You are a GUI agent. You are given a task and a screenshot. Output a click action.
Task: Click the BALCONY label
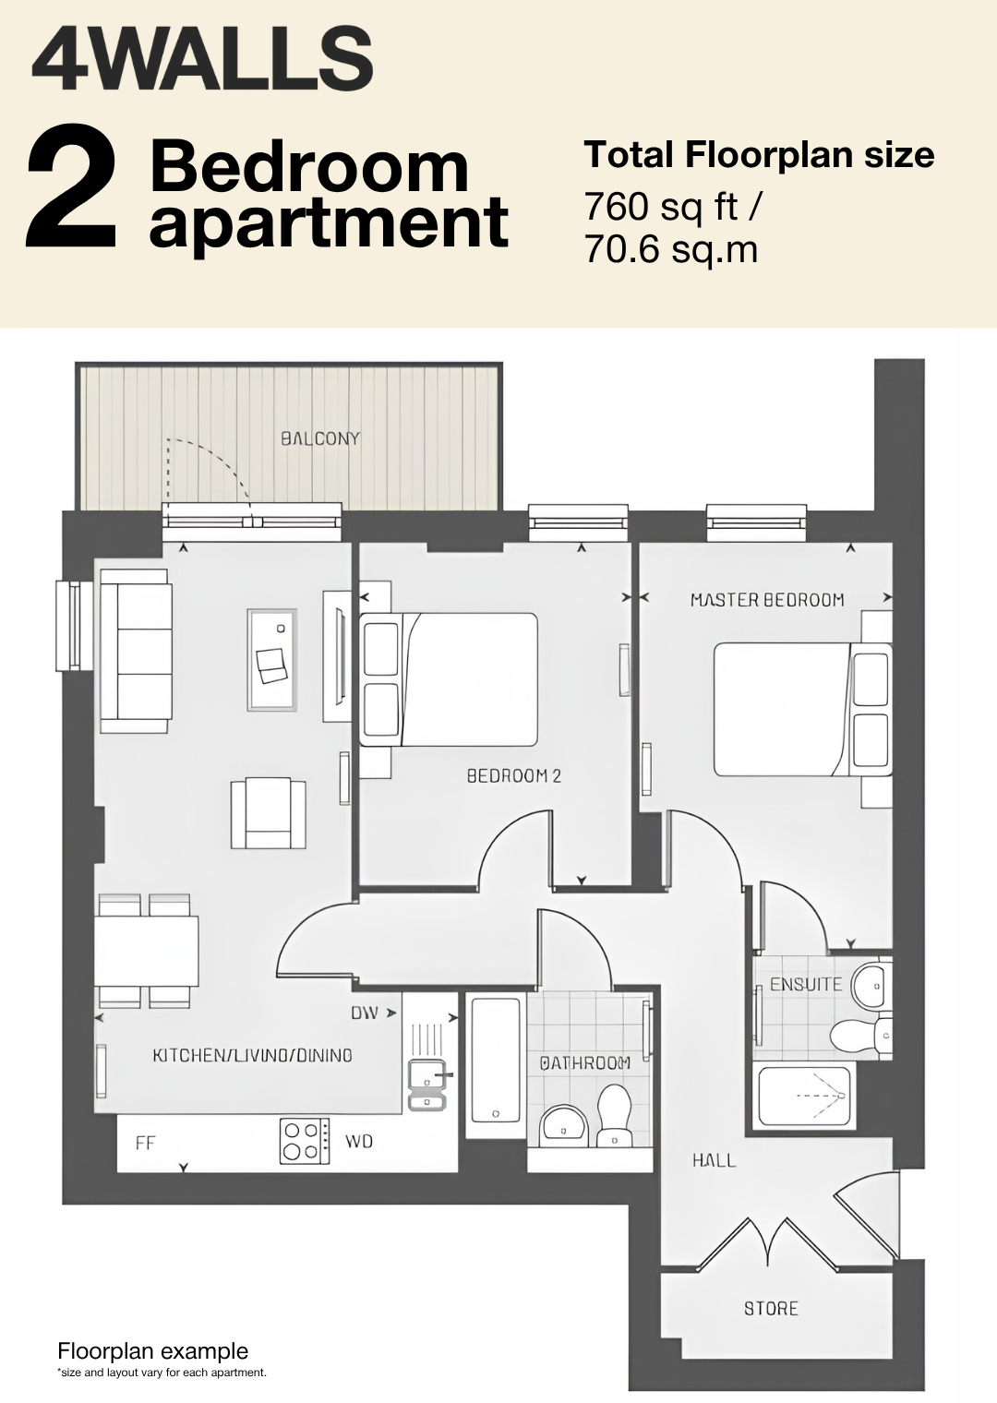(320, 438)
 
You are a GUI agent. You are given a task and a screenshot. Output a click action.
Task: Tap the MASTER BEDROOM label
(767, 600)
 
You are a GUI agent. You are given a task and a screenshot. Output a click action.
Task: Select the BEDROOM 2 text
(514, 776)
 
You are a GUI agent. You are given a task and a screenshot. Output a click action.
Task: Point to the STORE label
(771, 1309)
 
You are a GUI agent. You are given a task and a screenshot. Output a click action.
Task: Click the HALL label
(714, 1160)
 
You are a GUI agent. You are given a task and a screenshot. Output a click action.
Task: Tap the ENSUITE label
(806, 984)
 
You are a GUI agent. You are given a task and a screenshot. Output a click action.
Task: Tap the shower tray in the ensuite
(805, 1096)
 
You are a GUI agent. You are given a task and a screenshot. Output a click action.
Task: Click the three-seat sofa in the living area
(136, 651)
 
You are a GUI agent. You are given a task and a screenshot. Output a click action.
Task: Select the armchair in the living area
(268, 813)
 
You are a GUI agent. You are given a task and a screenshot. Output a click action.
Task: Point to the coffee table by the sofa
(271, 660)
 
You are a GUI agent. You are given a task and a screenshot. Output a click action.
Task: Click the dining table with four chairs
(148, 951)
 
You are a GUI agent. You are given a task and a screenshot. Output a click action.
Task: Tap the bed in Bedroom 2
(449, 679)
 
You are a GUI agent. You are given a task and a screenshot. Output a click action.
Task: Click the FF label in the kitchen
(145, 1143)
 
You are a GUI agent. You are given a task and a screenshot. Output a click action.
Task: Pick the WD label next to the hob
(359, 1141)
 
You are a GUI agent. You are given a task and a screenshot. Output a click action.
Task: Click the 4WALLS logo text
(202, 57)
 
